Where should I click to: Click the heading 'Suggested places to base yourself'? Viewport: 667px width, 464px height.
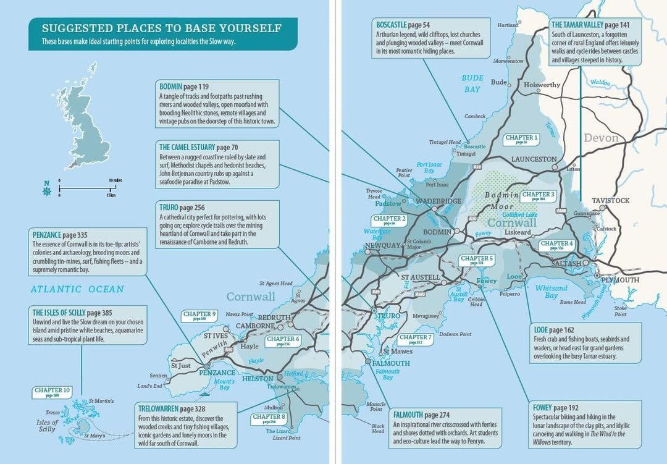pos(161,28)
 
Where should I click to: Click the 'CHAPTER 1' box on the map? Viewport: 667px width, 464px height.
pos(521,138)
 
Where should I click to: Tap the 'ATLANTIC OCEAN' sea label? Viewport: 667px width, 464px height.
pos(78,289)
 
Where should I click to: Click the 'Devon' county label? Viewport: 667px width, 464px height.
pos(601,138)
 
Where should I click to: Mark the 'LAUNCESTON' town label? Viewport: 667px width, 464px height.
pos(534,159)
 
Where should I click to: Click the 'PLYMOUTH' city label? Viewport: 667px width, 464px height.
pos(619,280)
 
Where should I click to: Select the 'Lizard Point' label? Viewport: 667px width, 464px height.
pos(287,437)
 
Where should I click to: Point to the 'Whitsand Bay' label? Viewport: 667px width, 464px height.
pos(551,292)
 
